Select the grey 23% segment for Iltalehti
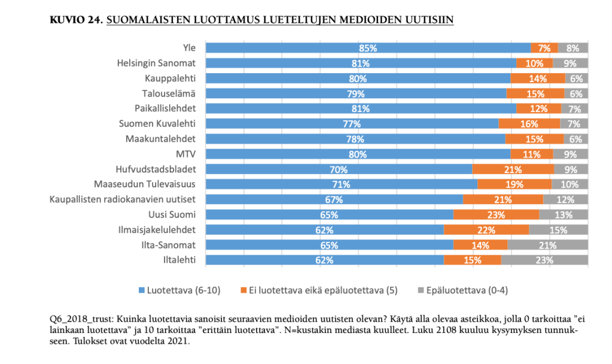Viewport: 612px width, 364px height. (x=544, y=260)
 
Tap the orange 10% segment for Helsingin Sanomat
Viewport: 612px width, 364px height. (x=534, y=63)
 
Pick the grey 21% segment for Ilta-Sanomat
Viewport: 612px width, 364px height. (x=547, y=245)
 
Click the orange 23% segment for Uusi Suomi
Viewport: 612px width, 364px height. (x=496, y=214)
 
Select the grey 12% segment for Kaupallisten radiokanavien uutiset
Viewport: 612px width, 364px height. (x=565, y=199)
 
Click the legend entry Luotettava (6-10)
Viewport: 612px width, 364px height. (x=179, y=290)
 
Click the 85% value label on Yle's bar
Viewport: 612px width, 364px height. (x=367, y=48)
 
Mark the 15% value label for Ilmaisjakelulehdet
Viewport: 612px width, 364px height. (x=558, y=229)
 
